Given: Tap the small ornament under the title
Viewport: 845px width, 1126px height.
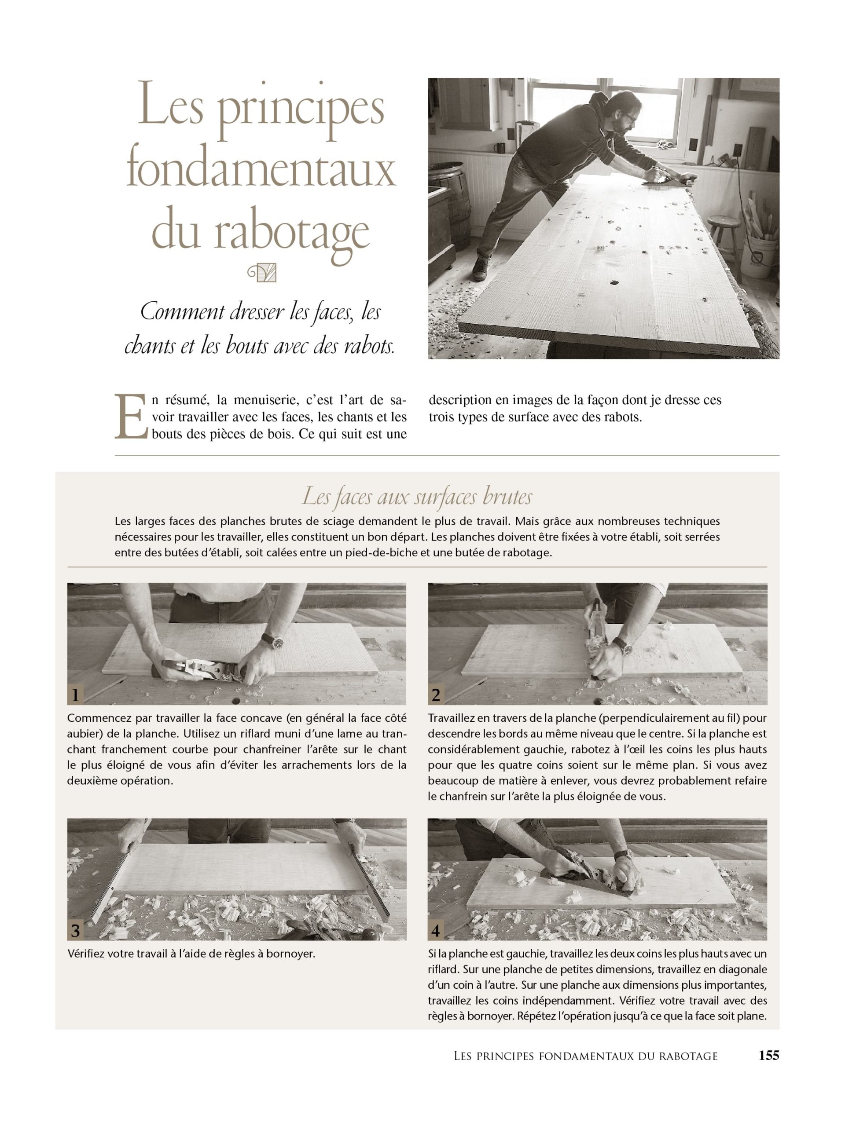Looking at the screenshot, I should click(x=262, y=273).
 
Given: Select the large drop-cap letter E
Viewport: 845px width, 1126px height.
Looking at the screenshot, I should click(x=130, y=416).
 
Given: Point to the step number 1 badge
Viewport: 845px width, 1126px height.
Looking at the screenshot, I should click(x=75, y=695).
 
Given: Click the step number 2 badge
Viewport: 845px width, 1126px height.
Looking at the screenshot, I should click(x=436, y=695).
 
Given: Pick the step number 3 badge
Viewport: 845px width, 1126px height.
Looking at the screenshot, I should click(x=75, y=931).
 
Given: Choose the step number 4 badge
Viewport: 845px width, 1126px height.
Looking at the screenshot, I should click(x=436, y=931).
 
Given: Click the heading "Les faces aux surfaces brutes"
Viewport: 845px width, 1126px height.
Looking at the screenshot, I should click(x=417, y=496).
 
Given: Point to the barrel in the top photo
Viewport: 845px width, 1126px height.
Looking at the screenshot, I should click(x=448, y=194).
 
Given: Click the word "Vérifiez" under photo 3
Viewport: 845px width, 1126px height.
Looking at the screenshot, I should click(x=87, y=954).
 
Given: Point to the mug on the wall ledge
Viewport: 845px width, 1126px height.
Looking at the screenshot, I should click(x=499, y=148).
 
